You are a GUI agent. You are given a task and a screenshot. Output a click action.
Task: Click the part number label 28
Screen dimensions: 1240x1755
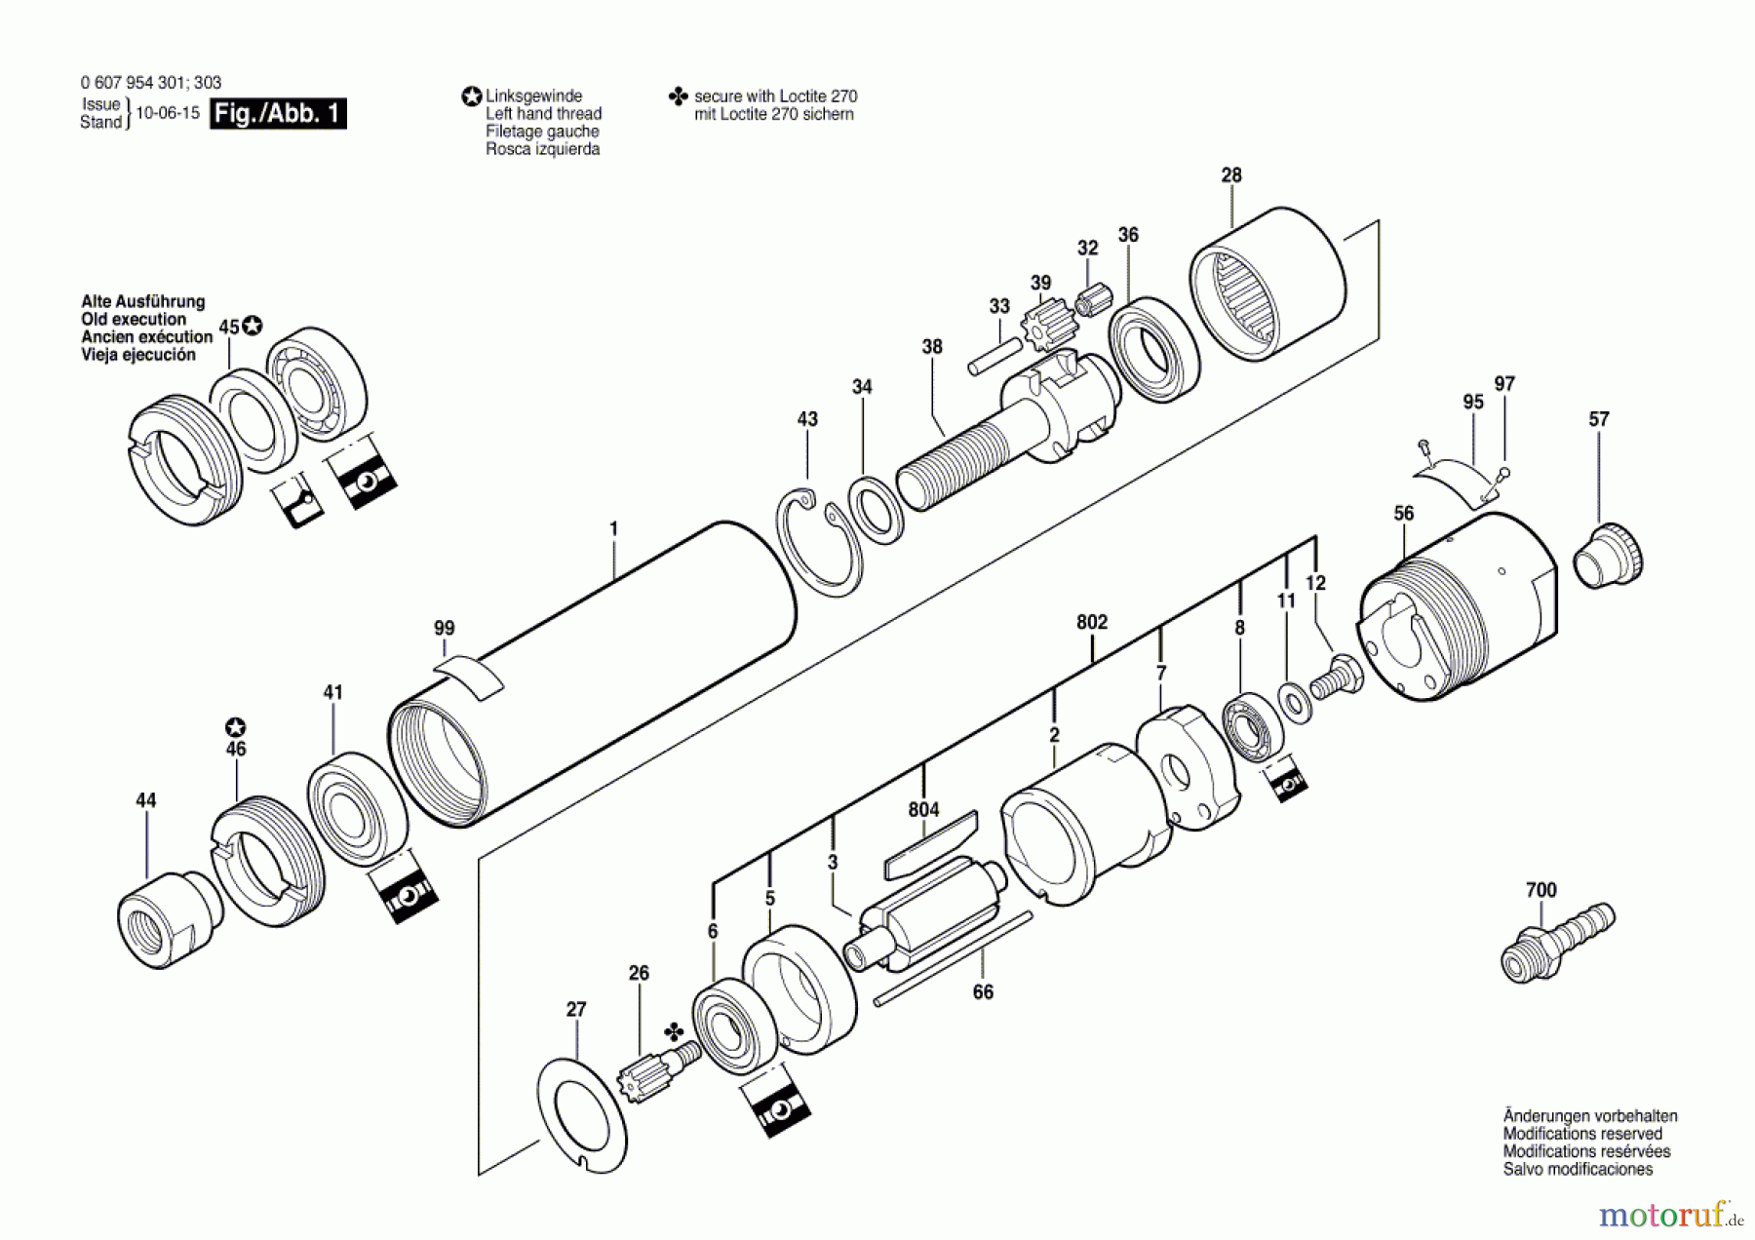pos(1231,175)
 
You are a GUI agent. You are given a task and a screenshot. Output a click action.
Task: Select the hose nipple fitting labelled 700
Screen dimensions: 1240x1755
pos(1556,942)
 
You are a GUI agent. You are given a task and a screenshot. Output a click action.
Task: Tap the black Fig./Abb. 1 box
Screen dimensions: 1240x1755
pos(278,113)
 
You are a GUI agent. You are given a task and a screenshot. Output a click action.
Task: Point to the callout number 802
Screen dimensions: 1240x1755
pos(1092,622)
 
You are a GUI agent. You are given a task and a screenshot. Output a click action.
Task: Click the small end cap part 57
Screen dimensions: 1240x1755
pos(1608,558)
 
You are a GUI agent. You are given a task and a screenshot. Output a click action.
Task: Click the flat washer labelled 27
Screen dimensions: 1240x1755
pos(582,1112)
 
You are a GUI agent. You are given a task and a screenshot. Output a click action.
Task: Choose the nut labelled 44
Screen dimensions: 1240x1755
pos(168,914)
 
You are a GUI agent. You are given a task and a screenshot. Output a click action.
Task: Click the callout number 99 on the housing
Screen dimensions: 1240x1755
pos(444,629)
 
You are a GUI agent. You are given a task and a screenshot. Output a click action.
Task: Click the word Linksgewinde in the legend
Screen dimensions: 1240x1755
pos(533,96)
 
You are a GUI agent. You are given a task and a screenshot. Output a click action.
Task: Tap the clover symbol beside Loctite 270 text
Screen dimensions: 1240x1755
pos(678,97)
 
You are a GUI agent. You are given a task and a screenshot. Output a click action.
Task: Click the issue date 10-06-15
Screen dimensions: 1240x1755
pos(167,113)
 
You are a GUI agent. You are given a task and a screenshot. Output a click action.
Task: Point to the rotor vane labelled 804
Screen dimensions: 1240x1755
pos(931,844)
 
